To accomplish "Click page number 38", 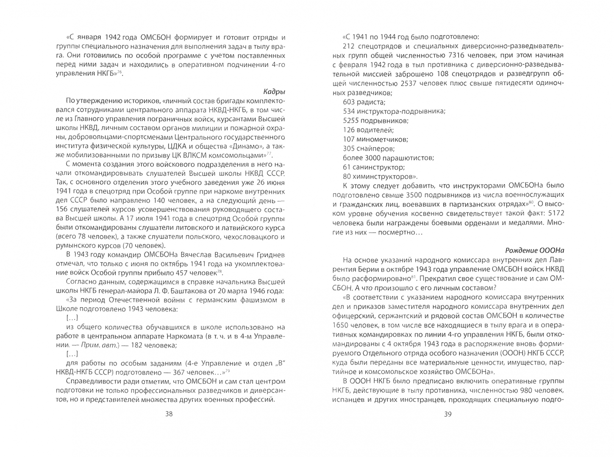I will coord(169,414).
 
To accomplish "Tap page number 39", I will coord(448,414).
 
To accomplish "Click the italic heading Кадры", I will coord(274,91).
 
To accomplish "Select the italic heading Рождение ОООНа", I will coord(535,251).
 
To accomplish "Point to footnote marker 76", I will coord(120,72).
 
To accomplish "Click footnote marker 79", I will coord(228,371).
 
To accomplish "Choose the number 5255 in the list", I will coord(351,121).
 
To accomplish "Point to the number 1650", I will coord(341,325).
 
